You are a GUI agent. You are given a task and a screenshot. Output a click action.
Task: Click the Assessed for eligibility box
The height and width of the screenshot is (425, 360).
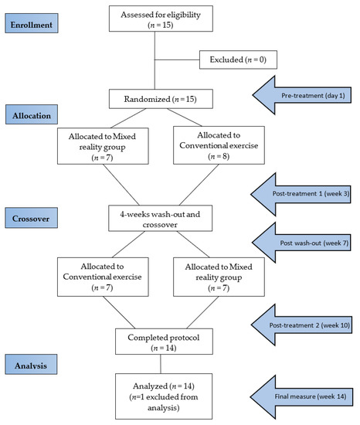coord(158,20)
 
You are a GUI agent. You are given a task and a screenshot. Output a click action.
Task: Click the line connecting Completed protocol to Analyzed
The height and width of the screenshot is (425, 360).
coord(159,363)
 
